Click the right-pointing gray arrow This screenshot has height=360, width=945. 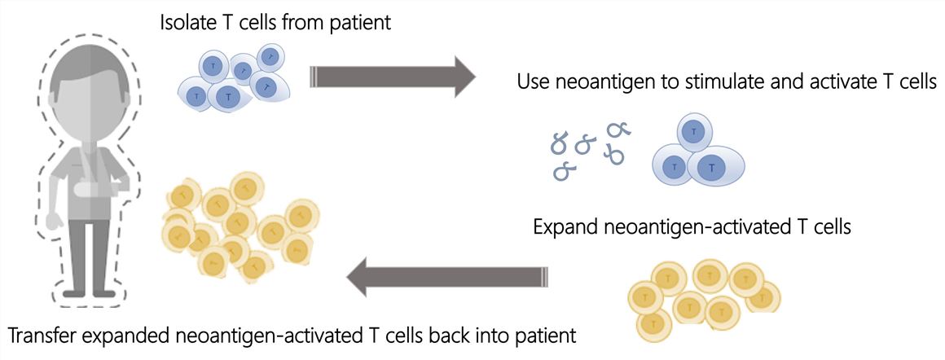pos(391,77)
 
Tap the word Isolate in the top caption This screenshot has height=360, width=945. pos(187,23)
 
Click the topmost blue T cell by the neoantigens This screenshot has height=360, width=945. pos(692,131)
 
